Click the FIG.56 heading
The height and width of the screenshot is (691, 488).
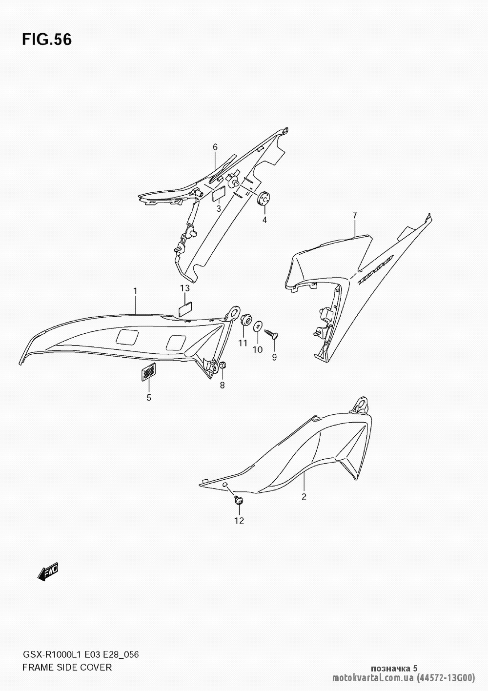click(x=47, y=40)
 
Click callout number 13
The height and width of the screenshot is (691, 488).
click(x=185, y=288)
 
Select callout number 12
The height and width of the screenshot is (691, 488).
click(x=239, y=521)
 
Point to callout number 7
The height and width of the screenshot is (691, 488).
click(x=354, y=215)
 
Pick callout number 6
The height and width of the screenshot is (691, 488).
click(x=215, y=147)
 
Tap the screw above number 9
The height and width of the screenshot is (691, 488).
click(x=271, y=334)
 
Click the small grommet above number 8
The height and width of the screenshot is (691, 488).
click(x=222, y=366)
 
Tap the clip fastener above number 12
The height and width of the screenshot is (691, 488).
click(x=238, y=500)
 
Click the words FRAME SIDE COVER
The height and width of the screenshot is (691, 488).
click(x=67, y=668)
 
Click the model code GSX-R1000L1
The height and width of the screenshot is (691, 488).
click(x=53, y=654)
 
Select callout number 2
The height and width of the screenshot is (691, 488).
click(x=304, y=497)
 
